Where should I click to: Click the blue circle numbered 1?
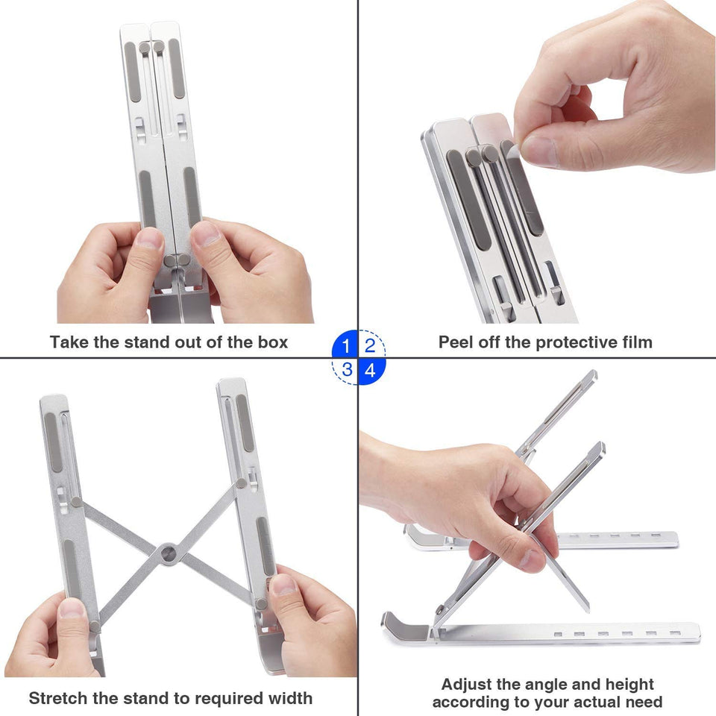tap(345, 346)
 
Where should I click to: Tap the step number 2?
tap(370, 346)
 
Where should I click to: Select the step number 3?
tap(346, 369)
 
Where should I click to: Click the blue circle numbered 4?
tap(370, 369)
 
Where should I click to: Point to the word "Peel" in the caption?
tap(456, 342)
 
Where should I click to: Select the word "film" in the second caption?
tap(635, 342)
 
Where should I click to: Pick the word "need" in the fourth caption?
tap(643, 703)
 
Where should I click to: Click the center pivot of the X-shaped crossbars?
tap(169, 553)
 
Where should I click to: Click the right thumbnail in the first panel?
tap(206, 233)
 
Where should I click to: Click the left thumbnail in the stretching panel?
tap(72, 607)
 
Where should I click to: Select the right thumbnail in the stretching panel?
tap(283, 583)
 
